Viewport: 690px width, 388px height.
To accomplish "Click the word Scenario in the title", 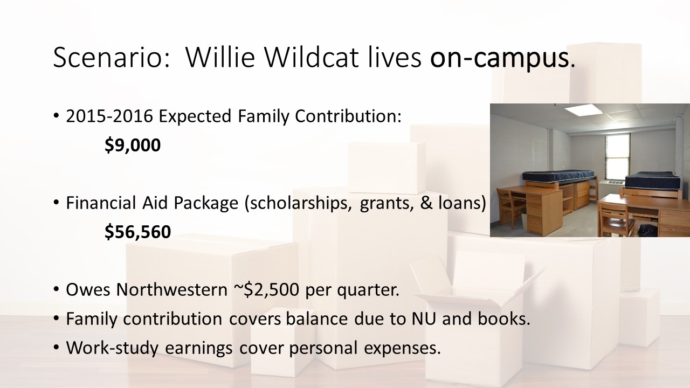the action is (x=112, y=57).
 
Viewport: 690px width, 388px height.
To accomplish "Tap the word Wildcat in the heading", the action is (x=312, y=57).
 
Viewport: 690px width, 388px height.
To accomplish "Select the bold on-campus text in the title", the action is (x=499, y=59).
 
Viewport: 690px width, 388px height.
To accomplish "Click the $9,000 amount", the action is (x=133, y=145).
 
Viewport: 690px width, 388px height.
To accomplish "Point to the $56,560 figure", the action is (x=137, y=232).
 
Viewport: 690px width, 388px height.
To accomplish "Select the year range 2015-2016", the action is (x=109, y=116).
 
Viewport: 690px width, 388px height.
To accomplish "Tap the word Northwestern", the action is (x=172, y=289).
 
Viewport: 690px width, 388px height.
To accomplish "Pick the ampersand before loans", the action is (x=426, y=203).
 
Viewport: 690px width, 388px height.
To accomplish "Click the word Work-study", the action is (x=112, y=348).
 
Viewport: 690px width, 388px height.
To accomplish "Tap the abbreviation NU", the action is (x=424, y=318).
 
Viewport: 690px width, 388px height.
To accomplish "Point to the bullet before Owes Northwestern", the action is (x=56, y=289).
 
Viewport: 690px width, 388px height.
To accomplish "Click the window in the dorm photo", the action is (x=617, y=157).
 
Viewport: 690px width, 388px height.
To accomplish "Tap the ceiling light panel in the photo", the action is (x=584, y=110).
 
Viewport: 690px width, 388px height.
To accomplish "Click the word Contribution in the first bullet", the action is (x=348, y=116).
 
